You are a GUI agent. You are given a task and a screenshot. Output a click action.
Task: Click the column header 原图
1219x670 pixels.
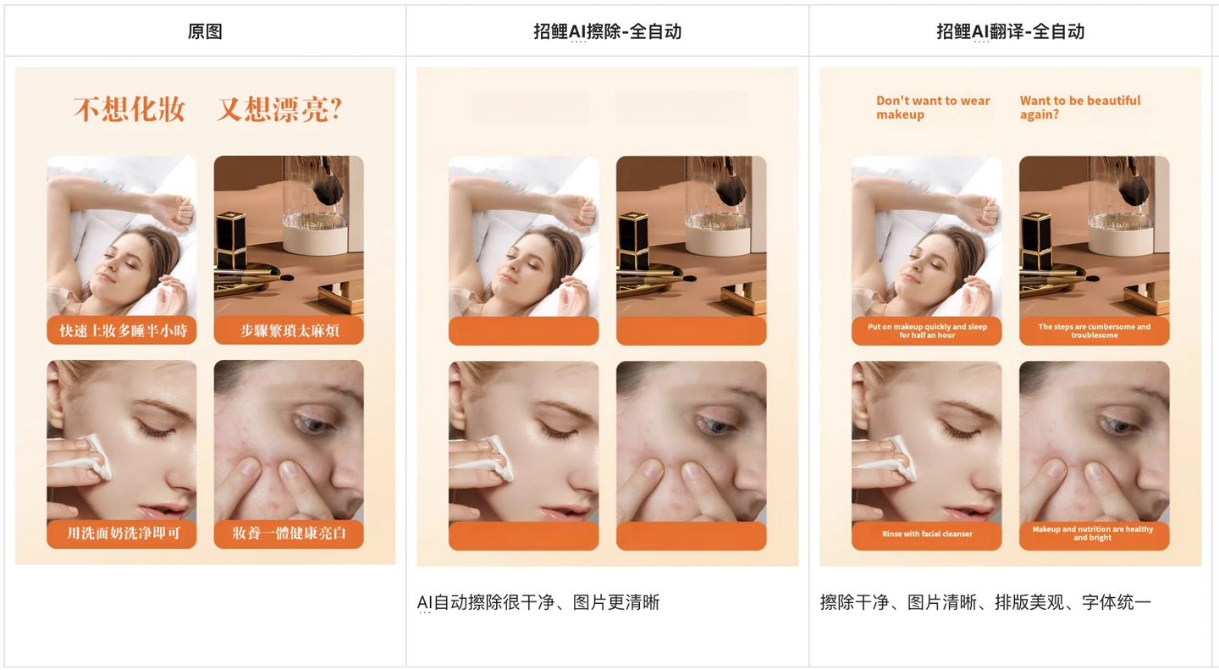point(205,31)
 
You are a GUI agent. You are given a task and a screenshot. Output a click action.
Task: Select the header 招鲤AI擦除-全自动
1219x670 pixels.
point(607,31)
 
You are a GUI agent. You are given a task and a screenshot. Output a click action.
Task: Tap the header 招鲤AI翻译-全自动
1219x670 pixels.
point(1010,31)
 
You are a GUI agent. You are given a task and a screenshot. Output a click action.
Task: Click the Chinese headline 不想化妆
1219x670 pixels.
point(130,109)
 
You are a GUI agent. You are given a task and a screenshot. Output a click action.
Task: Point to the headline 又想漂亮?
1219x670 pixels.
point(279,109)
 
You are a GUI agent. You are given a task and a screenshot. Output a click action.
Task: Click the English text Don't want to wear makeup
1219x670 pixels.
point(933,108)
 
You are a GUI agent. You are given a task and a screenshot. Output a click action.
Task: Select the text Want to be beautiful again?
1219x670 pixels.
point(1079,108)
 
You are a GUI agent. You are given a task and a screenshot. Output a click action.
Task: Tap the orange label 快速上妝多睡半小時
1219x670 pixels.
point(123,330)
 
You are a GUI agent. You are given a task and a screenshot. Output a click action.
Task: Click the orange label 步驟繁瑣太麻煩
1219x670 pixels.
point(290,330)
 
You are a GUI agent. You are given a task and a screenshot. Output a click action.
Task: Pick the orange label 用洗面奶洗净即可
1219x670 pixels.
point(123,533)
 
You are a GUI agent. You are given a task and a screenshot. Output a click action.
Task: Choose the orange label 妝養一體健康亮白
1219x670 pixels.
point(290,533)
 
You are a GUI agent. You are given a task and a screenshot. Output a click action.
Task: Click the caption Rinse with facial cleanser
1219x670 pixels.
point(927,534)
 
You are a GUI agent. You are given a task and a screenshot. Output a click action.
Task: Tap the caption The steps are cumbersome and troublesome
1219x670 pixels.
point(1095,330)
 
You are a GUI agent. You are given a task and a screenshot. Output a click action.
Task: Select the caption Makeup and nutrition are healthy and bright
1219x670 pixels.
point(1093,534)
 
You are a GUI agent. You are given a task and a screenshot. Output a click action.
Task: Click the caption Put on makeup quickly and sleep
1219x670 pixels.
point(927,327)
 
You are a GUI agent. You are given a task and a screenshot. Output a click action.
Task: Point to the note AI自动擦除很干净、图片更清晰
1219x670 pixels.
point(538,602)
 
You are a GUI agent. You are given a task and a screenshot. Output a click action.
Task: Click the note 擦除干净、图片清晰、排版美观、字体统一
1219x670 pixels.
point(985,602)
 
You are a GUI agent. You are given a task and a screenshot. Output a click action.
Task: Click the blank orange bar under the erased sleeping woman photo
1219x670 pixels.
point(523,330)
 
